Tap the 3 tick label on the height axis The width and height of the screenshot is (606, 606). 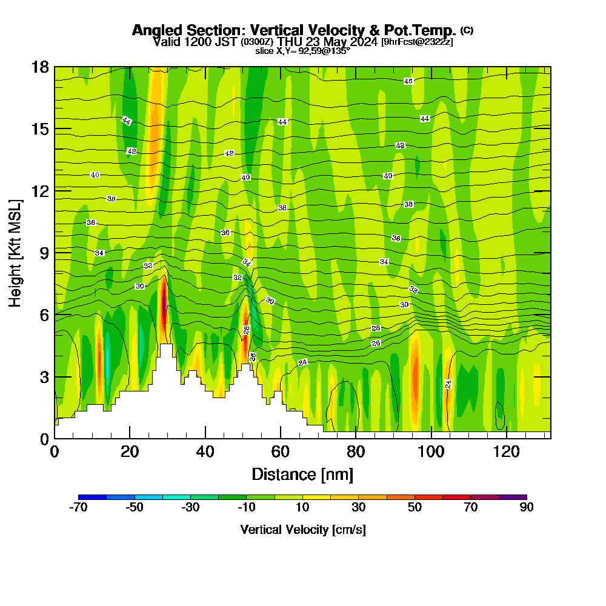(x=44, y=376)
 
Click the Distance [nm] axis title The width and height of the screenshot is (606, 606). (x=302, y=473)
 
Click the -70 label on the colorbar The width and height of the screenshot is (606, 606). (x=79, y=508)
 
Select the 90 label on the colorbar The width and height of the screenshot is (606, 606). (x=527, y=508)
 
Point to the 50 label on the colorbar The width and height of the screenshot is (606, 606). (x=415, y=508)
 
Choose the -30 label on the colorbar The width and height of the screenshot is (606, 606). (x=190, y=508)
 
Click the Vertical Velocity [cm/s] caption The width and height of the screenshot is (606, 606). (x=302, y=530)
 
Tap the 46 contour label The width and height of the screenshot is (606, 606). (x=408, y=81)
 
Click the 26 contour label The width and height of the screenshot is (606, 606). (x=376, y=344)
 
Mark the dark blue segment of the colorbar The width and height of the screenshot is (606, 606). (x=93, y=497)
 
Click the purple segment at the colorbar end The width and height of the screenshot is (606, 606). (x=513, y=497)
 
